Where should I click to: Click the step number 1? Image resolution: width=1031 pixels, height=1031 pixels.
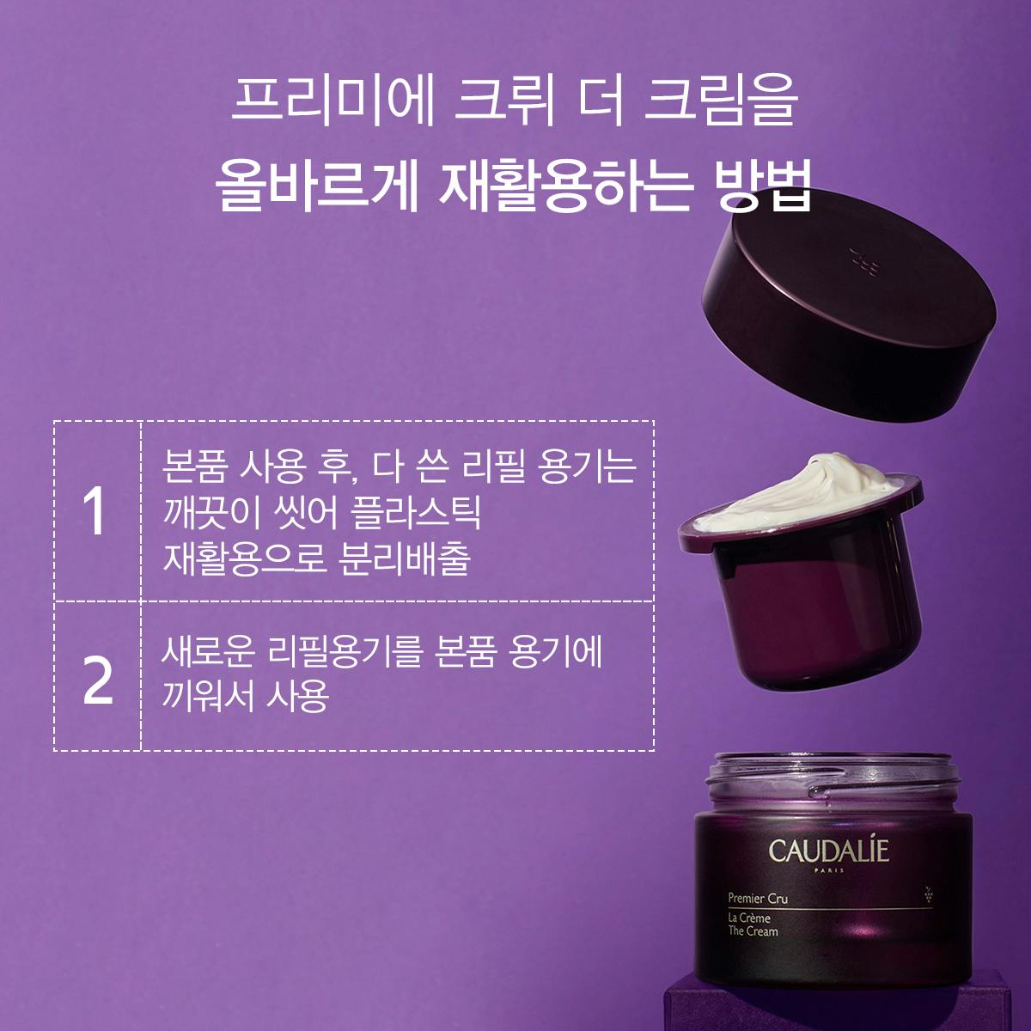pyautogui.click(x=96, y=513)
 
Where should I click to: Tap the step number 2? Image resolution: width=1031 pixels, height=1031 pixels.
pyautogui.click(x=98, y=681)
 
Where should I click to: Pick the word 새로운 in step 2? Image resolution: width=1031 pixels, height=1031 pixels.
pyautogui.click(x=207, y=653)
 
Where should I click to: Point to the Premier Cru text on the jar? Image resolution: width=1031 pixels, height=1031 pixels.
pyautogui.click(x=758, y=900)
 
